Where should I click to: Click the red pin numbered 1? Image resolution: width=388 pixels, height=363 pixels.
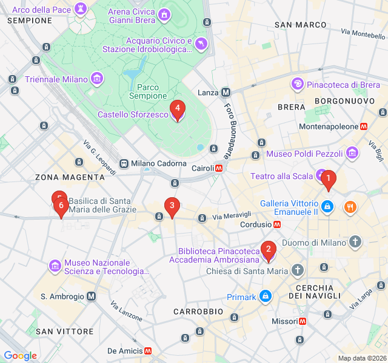pos(328,179)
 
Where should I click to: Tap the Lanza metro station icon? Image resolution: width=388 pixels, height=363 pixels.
pos(226,93)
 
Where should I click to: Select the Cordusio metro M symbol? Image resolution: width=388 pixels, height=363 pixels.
pos(276,224)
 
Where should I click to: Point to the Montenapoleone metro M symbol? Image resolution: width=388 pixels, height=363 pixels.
pos(364,127)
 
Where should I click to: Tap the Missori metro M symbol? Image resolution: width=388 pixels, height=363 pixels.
pos(302,321)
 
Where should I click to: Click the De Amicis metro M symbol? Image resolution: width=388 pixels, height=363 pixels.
pos(147,351)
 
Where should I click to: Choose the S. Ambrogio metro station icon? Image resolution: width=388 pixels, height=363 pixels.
pos(91,296)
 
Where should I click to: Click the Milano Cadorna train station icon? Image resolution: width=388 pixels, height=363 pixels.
pos(124,163)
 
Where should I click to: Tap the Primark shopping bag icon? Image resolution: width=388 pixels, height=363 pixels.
pos(265,296)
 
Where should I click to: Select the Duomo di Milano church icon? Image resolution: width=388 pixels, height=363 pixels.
pos(355,243)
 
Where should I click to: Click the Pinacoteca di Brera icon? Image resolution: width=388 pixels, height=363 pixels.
pos(298,84)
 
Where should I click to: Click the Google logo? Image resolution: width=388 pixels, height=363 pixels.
pos(20,356)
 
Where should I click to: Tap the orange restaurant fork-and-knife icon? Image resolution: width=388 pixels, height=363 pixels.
pos(350,208)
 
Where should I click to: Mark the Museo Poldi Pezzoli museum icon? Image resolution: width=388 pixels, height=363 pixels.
pos(352,154)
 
